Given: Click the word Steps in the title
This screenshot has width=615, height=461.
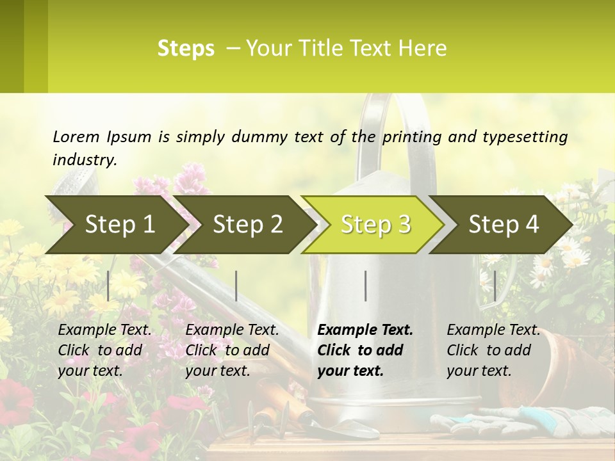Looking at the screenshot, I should click(x=186, y=49).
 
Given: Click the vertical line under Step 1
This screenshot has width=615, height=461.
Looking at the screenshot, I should click(x=108, y=286).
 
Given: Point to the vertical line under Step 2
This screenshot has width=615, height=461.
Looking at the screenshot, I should click(x=236, y=286).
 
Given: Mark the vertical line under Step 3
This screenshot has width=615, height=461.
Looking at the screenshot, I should click(x=366, y=286).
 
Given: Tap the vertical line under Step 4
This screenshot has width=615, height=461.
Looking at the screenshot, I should click(x=495, y=286).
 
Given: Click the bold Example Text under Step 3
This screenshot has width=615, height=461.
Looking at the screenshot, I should click(x=365, y=330).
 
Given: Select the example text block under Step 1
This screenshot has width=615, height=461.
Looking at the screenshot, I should click(x=104, y=350).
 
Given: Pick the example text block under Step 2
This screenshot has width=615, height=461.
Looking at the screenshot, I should click(x=232, y=350).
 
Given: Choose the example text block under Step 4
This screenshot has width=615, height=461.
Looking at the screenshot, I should click(x=493, y=350).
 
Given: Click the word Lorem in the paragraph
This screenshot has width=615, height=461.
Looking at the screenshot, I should click(x=76, y=136).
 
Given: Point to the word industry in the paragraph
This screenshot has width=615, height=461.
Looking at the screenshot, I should click(x=84, y=159).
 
